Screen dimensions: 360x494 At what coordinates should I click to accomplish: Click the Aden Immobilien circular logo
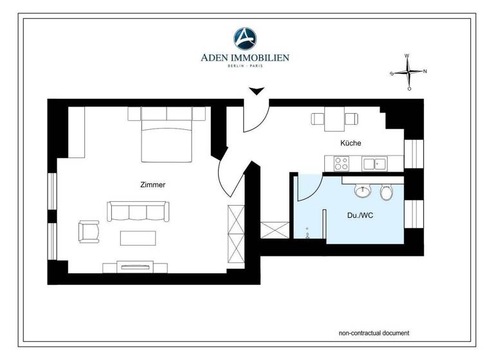(x=244, y=38)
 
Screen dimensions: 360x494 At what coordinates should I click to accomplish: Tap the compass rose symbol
(x=408, y=72)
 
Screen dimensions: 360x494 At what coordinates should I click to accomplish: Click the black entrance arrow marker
(x=256, y=92)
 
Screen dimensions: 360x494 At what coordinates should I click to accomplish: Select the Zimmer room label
(x=152, y=184)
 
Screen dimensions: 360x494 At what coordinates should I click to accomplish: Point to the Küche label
(x=351, y=143)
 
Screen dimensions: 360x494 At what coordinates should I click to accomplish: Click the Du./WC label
(x=360, y=215)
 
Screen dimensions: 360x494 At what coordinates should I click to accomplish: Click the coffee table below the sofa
(x=138, y=238)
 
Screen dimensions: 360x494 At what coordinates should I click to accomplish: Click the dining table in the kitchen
(x=334, y=118)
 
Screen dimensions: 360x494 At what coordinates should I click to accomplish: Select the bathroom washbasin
(x=362, y=192)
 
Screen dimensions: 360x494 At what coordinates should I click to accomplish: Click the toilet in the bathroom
(x=386, y=192)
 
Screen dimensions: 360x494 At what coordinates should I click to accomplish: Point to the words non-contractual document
(x=374, y=333)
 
